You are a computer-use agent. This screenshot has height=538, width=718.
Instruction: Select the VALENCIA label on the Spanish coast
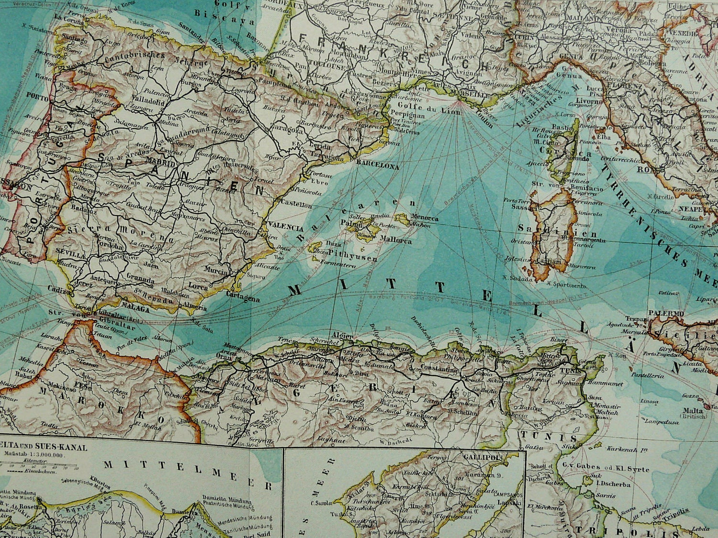(286, 228)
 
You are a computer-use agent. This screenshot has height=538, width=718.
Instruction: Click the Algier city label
(342, 337)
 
